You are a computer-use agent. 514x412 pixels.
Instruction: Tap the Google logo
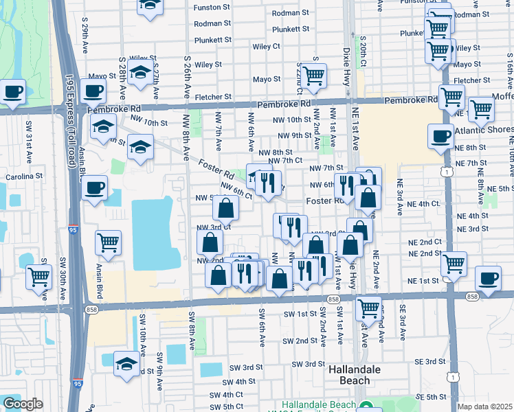point(23,404)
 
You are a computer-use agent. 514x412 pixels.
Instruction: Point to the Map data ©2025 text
point(484,407)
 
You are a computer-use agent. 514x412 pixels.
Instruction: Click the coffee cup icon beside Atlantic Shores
point(440,136)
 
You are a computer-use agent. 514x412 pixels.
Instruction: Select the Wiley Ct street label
point(266,47)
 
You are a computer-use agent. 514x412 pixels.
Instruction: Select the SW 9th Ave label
point(159,367)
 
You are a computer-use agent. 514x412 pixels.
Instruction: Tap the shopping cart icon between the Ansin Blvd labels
point(108,242)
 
